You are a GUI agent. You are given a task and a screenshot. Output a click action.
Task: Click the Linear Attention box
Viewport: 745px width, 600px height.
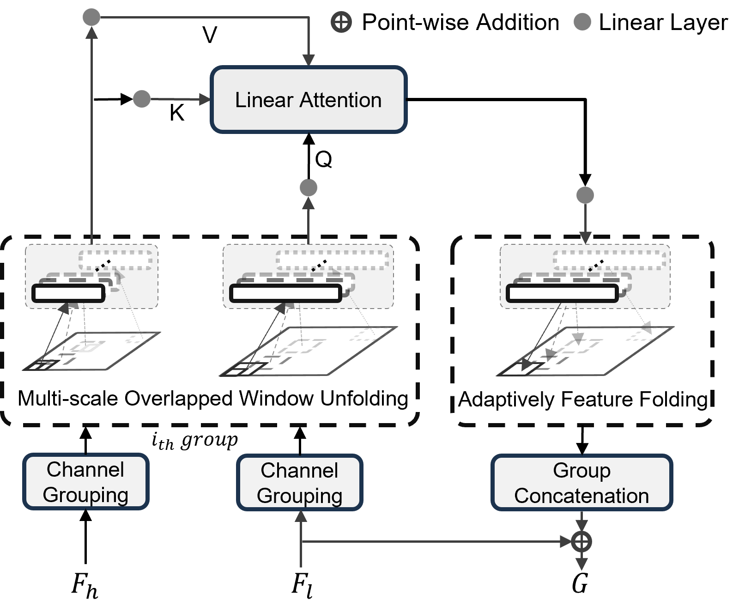309,100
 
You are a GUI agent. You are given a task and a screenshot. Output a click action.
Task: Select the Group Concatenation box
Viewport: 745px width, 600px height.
581,483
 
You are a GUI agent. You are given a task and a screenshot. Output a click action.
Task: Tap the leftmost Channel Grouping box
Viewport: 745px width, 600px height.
85,482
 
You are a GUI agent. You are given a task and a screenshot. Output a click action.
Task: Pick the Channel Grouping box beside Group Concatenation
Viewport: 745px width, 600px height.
300,483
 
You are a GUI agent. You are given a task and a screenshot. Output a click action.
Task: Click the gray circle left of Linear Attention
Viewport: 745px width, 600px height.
142,99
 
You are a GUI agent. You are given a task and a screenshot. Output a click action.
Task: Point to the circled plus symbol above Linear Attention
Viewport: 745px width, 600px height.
341,22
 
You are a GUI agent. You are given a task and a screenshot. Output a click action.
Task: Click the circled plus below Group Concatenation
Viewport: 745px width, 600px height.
581,541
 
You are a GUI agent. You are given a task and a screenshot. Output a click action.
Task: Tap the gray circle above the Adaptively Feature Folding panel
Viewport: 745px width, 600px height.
585,195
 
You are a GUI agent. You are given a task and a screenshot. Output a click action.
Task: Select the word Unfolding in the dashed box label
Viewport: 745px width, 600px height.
364,399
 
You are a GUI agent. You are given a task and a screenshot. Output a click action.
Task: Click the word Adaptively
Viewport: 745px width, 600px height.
506,400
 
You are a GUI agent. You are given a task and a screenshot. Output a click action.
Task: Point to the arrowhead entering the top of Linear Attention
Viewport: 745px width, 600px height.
309,61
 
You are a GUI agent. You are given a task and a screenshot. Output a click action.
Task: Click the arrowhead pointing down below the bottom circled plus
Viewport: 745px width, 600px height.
581,564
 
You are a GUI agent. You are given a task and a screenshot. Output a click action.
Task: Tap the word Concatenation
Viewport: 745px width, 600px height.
581,496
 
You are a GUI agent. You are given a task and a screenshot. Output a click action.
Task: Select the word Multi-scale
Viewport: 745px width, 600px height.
68,399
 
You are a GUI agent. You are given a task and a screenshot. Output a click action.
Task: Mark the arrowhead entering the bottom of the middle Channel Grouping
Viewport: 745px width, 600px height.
301,517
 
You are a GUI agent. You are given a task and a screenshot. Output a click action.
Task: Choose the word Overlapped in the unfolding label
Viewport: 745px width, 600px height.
181,399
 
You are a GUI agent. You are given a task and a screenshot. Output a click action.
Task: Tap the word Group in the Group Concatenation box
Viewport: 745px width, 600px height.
581,471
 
